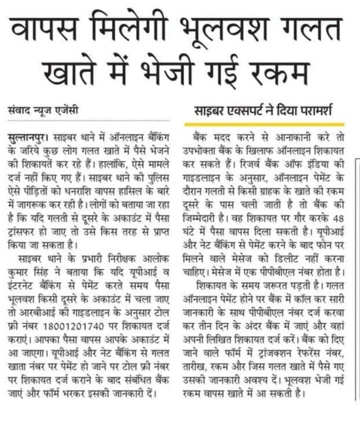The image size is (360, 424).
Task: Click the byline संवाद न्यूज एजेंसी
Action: point(43,111)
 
